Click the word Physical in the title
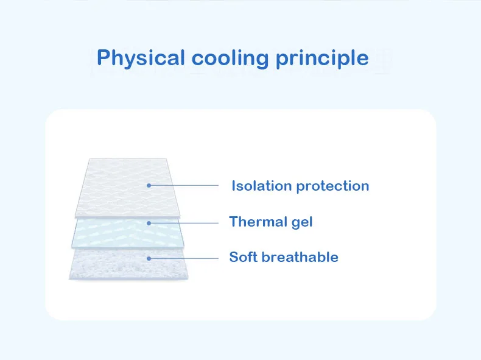pos(141,58)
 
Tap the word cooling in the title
pos(230,58)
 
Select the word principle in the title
pos(322,58)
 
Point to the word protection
pos(333,186)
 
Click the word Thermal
pos(258,222)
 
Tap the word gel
pos(302,222)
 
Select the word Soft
pos(244,257)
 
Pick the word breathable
pos(300,257)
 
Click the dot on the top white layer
pos(149,185)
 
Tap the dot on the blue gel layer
pos(149,223)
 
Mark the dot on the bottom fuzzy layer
pos(149,258)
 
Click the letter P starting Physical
pos(103,57)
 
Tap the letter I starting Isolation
pos(233,186)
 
